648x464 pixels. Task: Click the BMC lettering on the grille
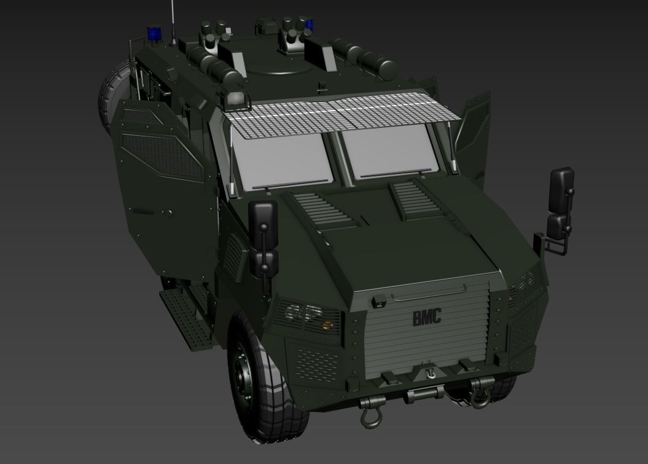pos(427,318)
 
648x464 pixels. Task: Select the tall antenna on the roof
pos(173,22)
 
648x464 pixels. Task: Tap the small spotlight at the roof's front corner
pos(236,99)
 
